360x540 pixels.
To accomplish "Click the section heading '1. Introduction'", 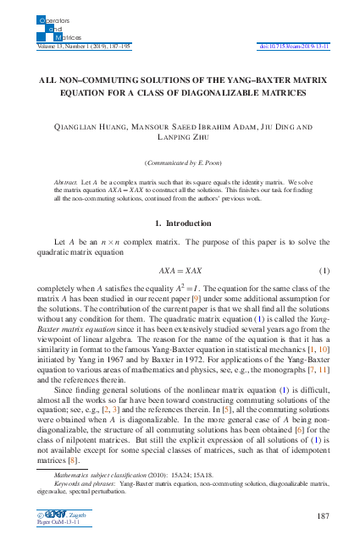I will click(x=180, y=223).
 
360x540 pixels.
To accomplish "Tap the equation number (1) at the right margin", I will click(x=323, y=270).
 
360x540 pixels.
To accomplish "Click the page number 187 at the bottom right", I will click(x=321, y=515).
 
